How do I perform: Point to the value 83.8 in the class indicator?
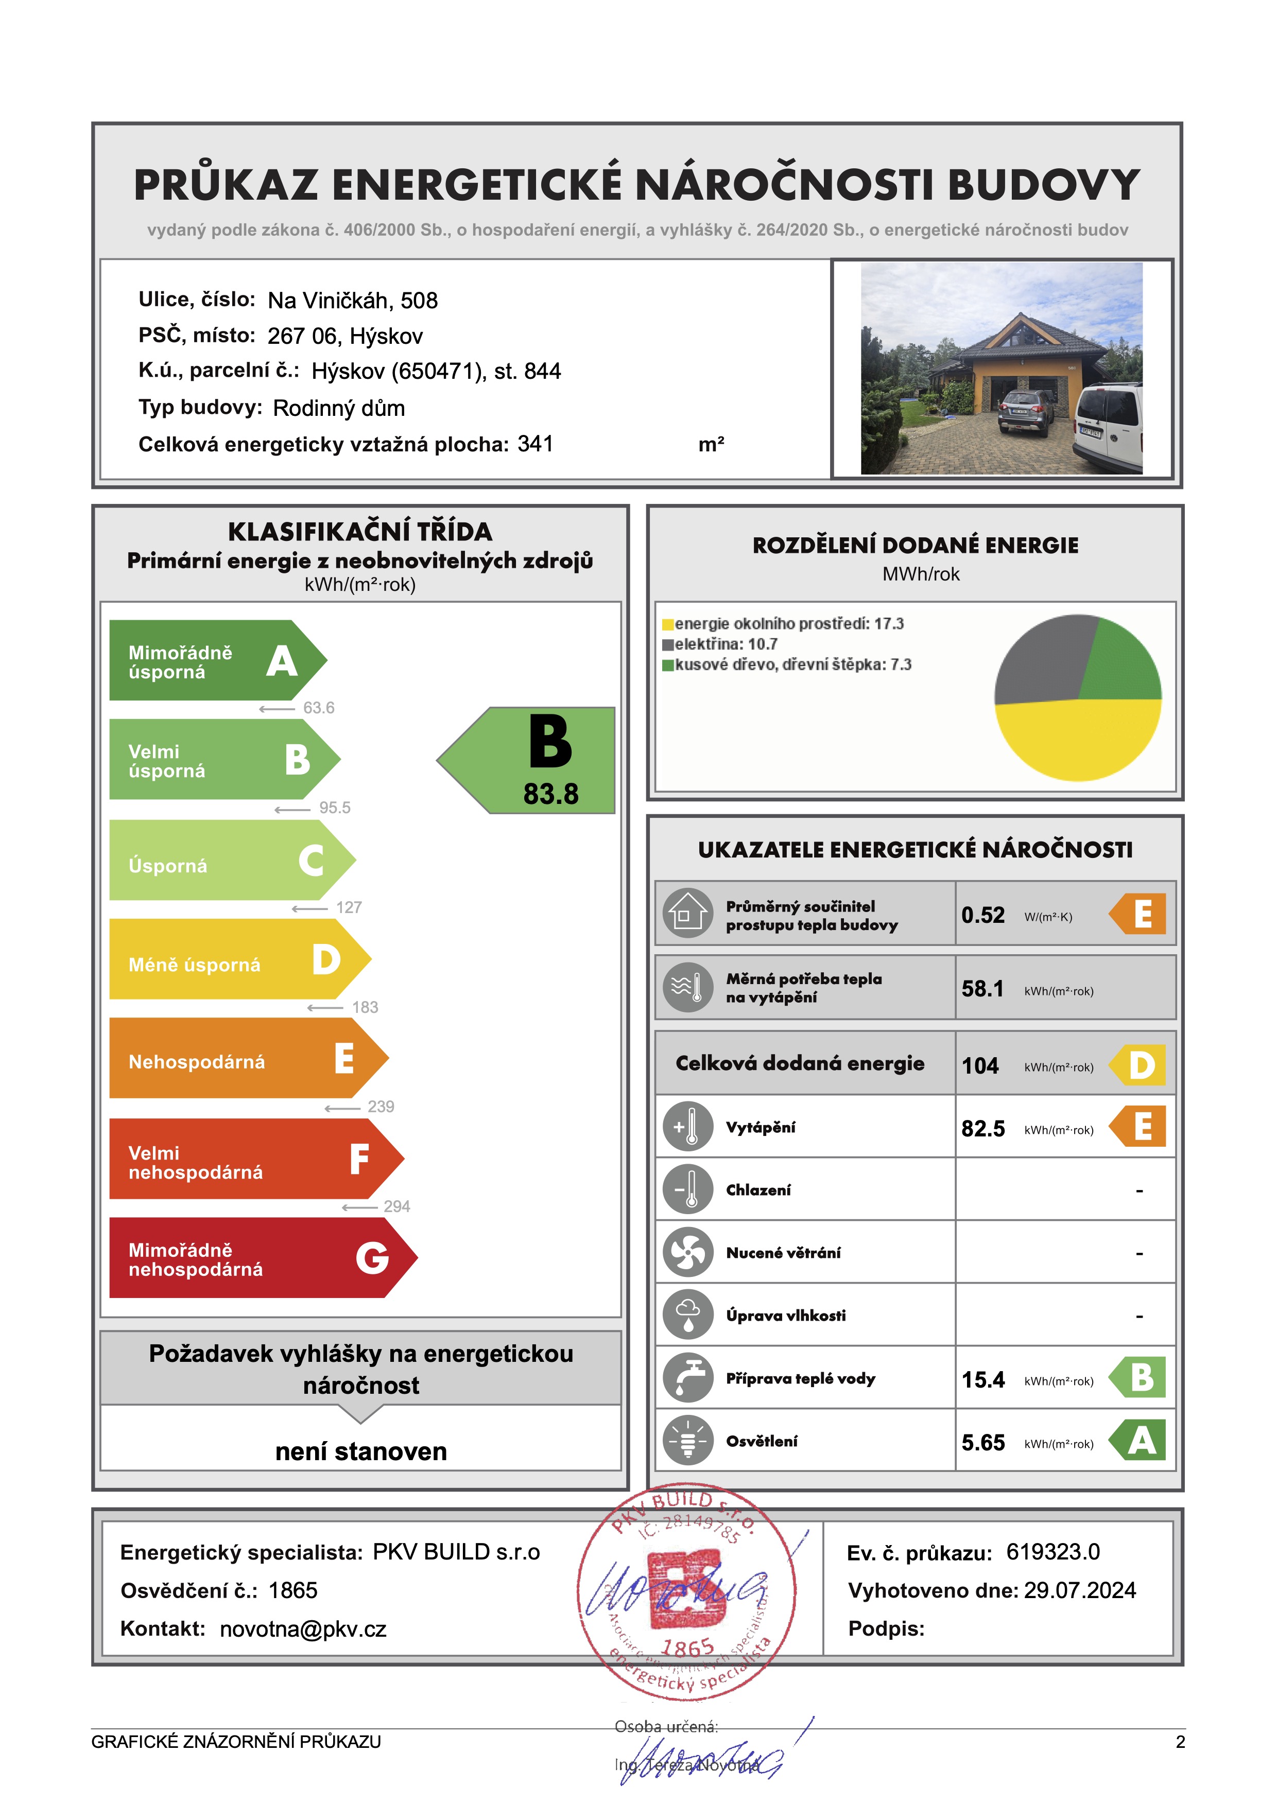click(550, 794)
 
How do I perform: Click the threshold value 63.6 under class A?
click(318, 708)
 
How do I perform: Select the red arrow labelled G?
click(260, 1258)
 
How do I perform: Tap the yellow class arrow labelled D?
click(236, 959)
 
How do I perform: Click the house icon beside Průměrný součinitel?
click(687, 914)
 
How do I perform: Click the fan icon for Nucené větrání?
click(687, 1252)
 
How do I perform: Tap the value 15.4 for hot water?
click(983, 1380)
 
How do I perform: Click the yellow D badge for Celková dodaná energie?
click(1140, 1065)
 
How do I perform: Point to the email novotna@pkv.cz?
click(303, 1629)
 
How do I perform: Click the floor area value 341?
click(534, 444)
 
